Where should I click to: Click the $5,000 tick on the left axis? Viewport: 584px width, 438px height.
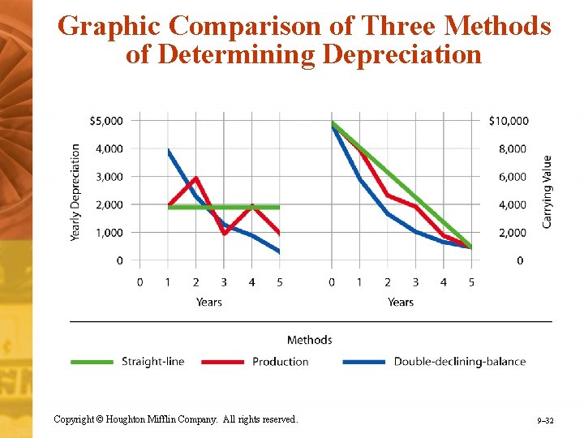click(x=106, y=121)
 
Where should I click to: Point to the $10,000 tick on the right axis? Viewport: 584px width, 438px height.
click(x=509, y=121)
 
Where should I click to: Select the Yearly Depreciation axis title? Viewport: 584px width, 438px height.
click(x=75, y=192)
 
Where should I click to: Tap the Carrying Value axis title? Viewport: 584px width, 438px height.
click(x=547, y=191)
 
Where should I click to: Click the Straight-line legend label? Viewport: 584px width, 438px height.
click(x=153, y=362)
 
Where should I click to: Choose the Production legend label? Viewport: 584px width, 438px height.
click(x=280, y=362)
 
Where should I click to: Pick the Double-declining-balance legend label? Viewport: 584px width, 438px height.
click(x=459, y=362)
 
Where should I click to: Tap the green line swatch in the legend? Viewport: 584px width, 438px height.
click(x=92, y=362)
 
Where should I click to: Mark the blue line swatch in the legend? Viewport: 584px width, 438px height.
click(x=364, y=362)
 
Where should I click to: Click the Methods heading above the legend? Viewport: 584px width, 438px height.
click(x=309, y=340)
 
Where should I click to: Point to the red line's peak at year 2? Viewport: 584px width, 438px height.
click(x=195, y=178)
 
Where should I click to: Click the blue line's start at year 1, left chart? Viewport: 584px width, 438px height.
click(x=168, y=150)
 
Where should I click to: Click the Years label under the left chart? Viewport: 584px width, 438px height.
click(x=208, y=302)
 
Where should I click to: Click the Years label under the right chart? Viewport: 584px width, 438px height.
click(x=401, y=302)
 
